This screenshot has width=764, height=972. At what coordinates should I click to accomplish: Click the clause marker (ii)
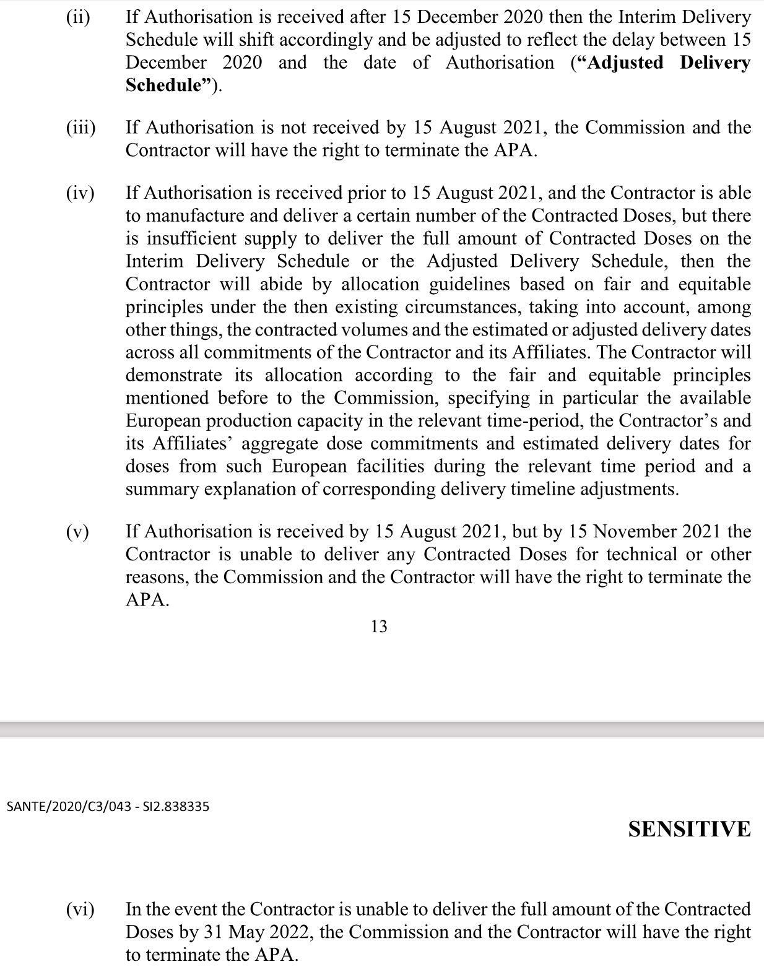point(78,17)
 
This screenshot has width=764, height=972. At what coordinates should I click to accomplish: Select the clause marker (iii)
point(80,128)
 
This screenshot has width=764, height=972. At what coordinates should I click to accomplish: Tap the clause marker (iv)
point(80,193)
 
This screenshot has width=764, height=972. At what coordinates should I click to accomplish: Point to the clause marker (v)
point(78,532)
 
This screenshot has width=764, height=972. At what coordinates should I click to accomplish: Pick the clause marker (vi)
point(80,909)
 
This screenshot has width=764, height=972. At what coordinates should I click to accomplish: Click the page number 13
point(379,627)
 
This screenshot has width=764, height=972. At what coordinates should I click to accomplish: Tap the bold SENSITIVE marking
point(689,830)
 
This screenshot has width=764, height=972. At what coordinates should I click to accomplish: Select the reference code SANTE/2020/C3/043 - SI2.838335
point(108,807)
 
